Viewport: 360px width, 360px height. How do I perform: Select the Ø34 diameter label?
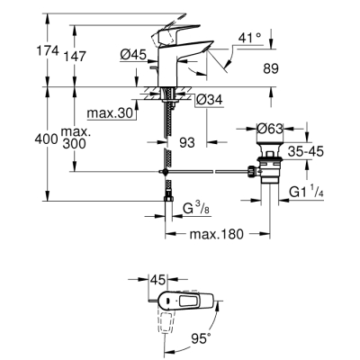point(208,98)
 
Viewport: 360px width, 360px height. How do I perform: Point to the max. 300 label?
point(77,139)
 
